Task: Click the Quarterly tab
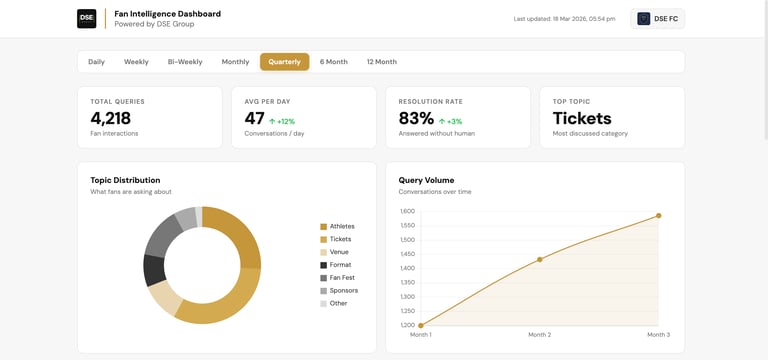click(284, 62)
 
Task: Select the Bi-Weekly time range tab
click(185, 62)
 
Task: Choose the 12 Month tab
click(381, 62)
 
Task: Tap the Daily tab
click(96, 62)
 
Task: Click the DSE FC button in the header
click(657, 19)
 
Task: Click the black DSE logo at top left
click(87, 19)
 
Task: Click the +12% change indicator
click(282, 121)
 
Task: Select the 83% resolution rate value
click(416, 118)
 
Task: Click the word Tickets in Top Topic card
click(582, 118)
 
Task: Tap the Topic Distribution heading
click(125, 180)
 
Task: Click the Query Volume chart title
click(426, 180)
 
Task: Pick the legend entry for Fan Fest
click(341, 278)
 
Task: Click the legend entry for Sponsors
click(343, 291)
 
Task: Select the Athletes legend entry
click(341, 227)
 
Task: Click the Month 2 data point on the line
click(540, 259)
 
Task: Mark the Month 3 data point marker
click(658, 215)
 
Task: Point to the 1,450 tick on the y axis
click(407, 254)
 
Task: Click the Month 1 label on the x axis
click(421, 335)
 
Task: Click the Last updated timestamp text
click(564, 19)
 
